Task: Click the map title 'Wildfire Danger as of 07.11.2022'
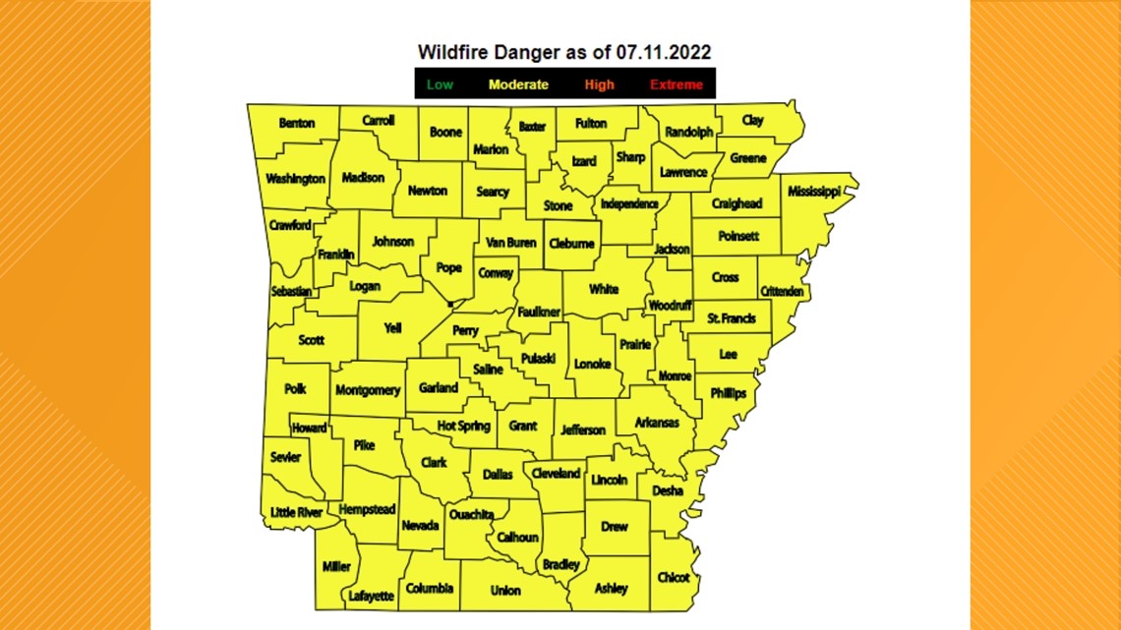pyautogui.click(x=563, y=51)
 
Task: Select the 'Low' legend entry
pyautogui.click(x=440, y=85)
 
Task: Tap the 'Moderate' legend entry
pyautogui.click(x=518, y=85)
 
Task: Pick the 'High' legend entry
pyautogui.click(x=599, y=85)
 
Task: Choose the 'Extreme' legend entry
pyautogui.click(x=677, y=85)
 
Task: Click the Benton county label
pyautogui.click(x=297, y=124)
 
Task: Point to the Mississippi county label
pyautogui.click(x=813, y=192)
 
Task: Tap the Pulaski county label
pyautogui.click(x=538, y=359)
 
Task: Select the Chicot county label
pyautogui.click(x=673, y=577)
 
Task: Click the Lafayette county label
pyautogui.click(x=371, y=596)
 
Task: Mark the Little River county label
pyautogui.click(x=296, y=512)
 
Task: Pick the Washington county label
pyautogui.click(x=295, y=179)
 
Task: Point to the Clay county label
pyautogui.click(x=752, y=120)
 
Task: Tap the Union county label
pyautogui.click(x=505, y=591)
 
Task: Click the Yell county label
pyautogui.click(x=392, y=329)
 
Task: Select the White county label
pyautogui.click(x=604, y=289)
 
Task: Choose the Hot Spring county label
pyautogui.click(x=463, y=427)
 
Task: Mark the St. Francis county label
pyautogui.click(x=732, y=318)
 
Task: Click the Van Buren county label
pyautogui.click(x=510, y=242)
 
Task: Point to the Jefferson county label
pyautogui.click(x=583, y=430)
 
